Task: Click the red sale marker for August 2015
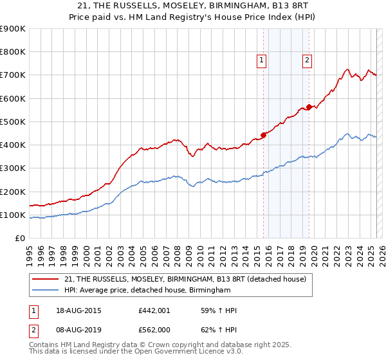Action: [x=263, y=135]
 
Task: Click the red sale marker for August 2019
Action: [x=309, y=107]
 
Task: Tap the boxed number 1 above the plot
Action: [x=262, y=60]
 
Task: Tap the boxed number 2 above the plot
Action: [x=308, y=60]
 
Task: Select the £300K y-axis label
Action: [x=13, y=168]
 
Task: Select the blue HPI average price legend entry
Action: [x=147, y=291]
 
